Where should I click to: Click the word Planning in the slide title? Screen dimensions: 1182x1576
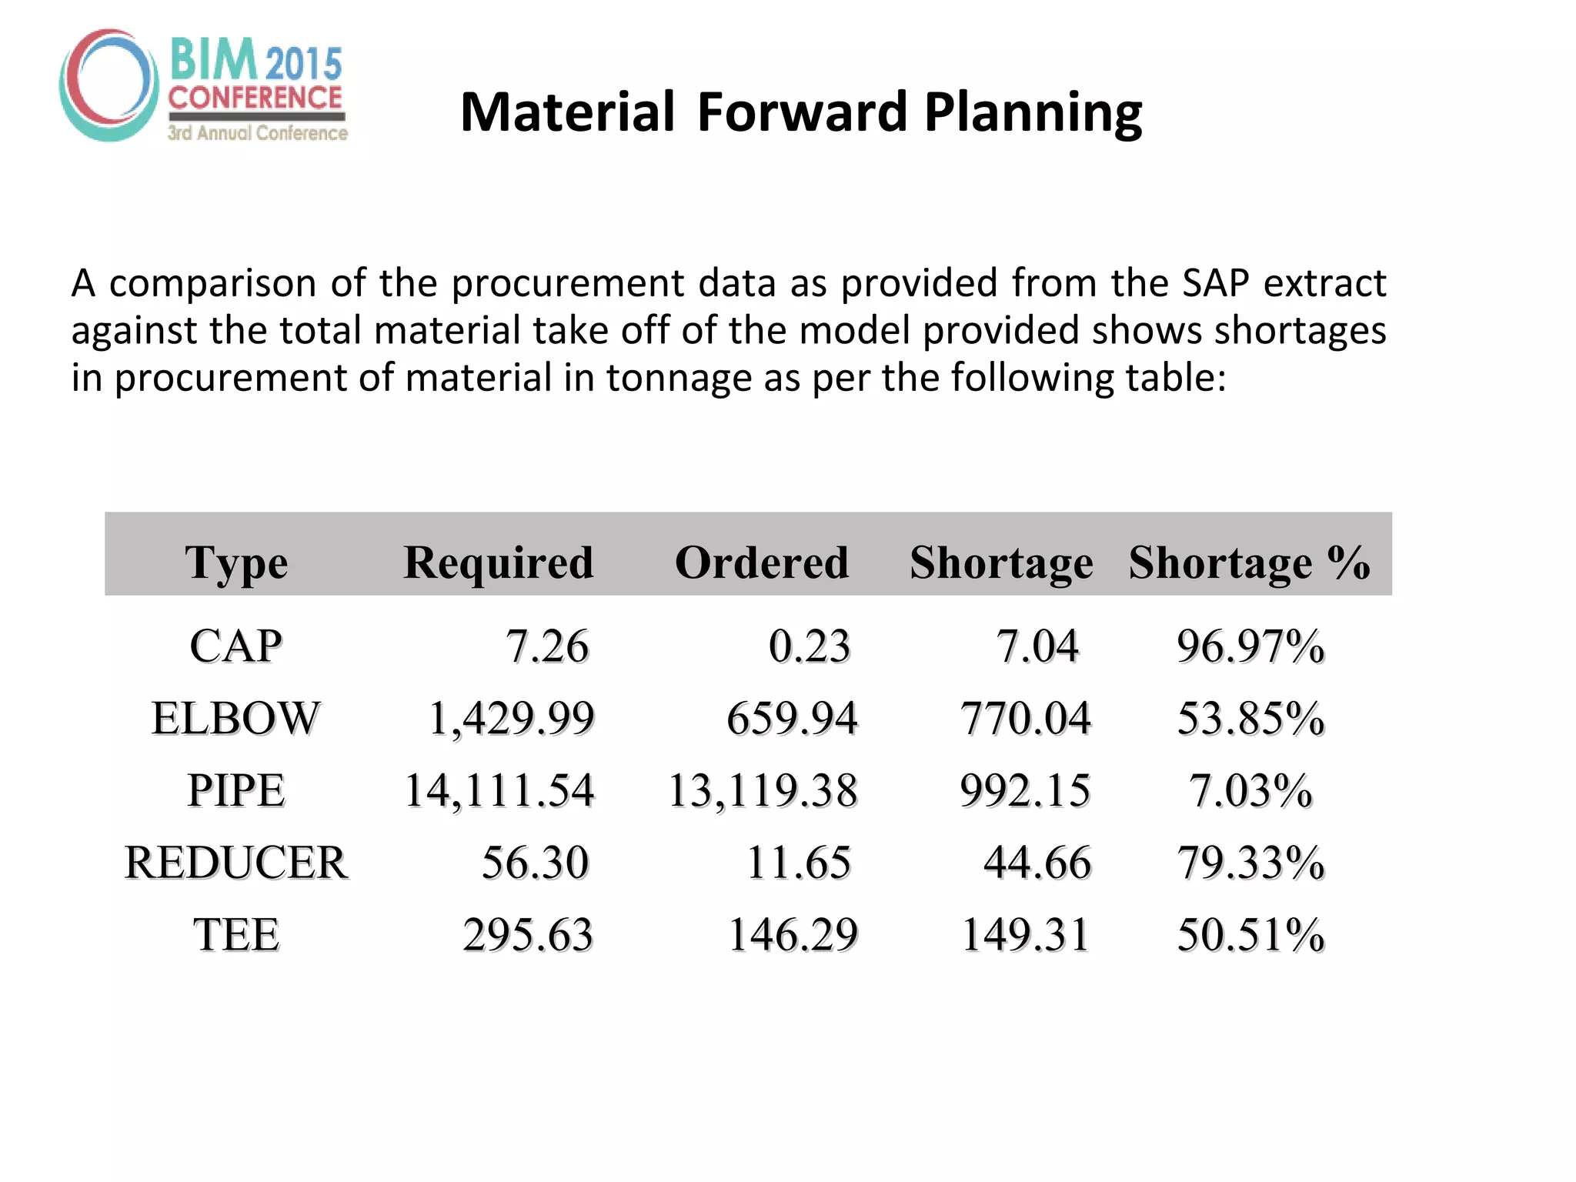tap(1033, 112)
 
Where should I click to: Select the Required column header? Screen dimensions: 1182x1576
tap(499, 562)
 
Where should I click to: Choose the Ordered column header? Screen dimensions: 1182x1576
tap(762, 562)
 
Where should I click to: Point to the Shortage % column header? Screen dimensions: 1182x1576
tap(1249, 562)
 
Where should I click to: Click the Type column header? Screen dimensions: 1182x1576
tap(236, 563)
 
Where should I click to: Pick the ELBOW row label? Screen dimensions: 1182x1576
tap(235, 718)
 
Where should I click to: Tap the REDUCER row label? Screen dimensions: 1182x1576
tap(236, 862)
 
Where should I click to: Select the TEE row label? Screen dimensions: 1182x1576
tap(236, 934)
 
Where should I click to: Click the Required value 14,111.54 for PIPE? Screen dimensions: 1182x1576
tap(499, 790)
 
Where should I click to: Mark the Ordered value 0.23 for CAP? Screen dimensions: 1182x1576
tap(810, 646)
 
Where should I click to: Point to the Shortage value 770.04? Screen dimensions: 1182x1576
tap(1025, 718)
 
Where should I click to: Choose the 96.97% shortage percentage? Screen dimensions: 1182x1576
tap(1250, 646)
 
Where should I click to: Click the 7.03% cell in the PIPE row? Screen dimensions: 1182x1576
tap(1250, 790)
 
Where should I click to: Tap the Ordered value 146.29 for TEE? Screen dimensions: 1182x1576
tap(793, 934)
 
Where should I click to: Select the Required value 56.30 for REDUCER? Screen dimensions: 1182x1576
tap(535, 862)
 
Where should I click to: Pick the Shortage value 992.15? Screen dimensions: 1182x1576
tap(1025, 790)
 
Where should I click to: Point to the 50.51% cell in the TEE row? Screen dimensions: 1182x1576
tap(1250, 934)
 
